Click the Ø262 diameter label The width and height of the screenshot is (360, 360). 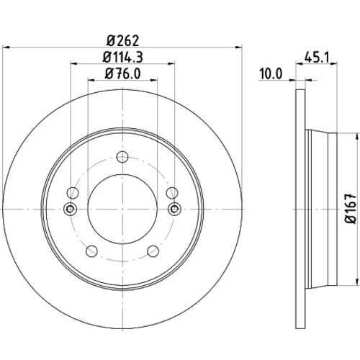point(122,40)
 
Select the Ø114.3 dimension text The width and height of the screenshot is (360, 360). point(122,57)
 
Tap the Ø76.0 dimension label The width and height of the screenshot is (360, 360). point(122,73)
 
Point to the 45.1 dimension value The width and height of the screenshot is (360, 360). point(316,58)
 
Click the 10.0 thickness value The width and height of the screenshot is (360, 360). point(271,73)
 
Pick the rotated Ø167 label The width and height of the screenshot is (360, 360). point(351,209)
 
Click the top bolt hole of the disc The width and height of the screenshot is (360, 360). point(122,157)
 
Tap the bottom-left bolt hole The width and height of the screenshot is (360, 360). point(91,251)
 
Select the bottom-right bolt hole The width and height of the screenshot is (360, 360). point(153,251)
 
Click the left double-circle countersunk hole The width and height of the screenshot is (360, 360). point(70,209)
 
